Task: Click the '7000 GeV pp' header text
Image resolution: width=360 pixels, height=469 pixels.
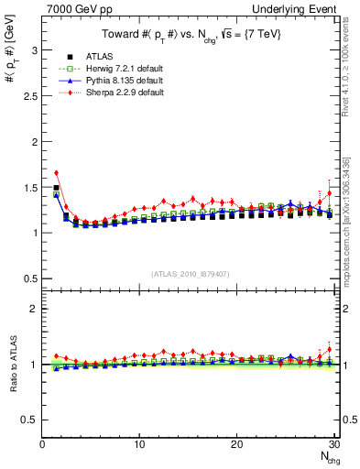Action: [x=77, y=7]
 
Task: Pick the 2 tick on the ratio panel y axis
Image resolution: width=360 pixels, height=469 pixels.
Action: [x=34, y=309]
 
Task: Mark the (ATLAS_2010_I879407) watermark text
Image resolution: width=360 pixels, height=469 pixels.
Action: [x=191, y=274]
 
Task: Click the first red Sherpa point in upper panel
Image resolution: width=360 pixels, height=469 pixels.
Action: [x=56, y=172]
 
